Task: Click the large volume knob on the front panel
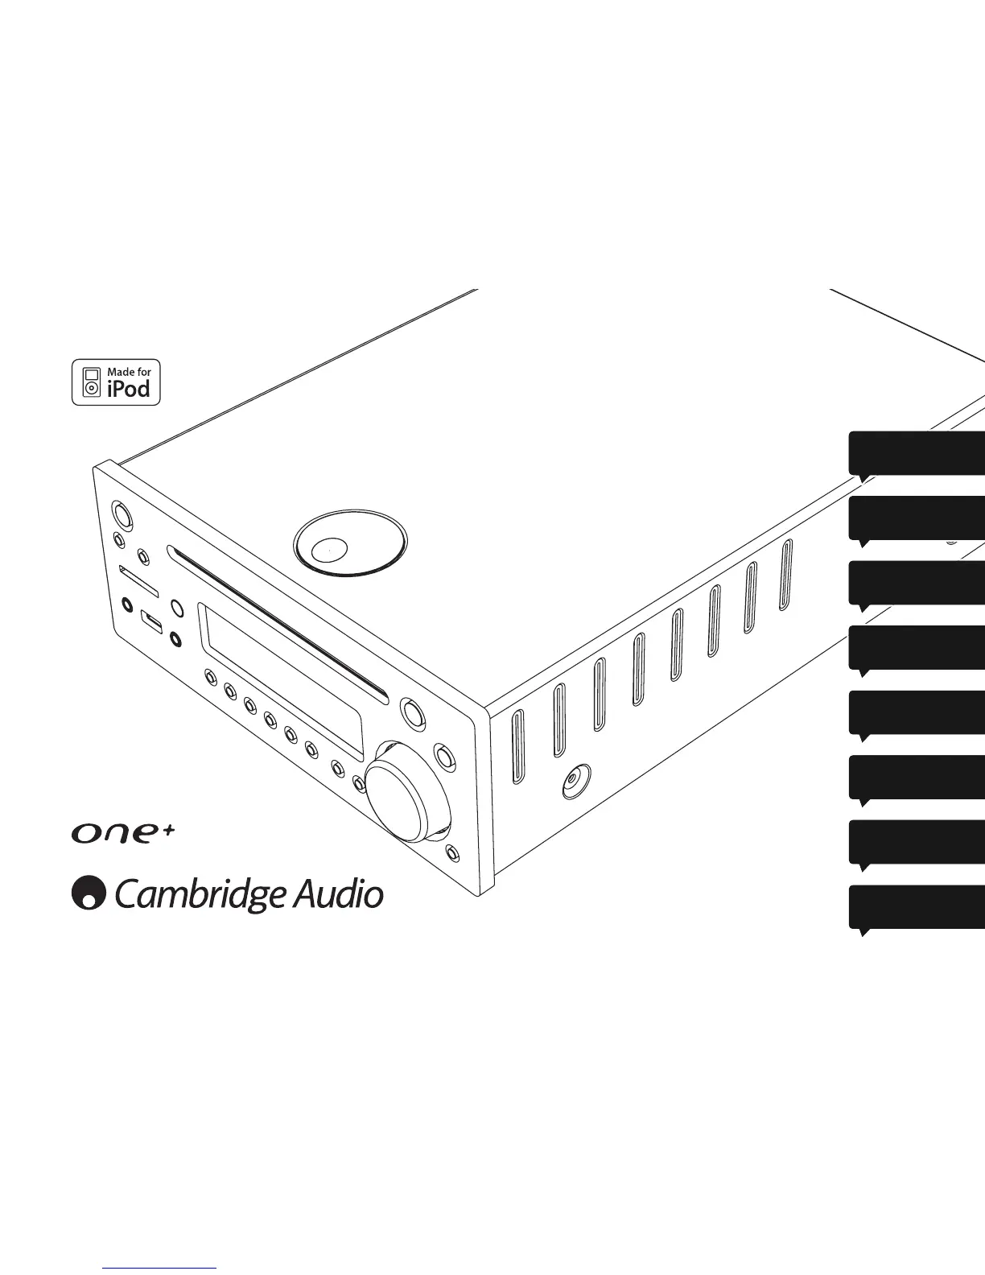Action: coord(400,793)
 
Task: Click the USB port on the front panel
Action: coord(151,621)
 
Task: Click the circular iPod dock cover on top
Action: coord(349,547)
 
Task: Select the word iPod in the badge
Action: coord(129,389)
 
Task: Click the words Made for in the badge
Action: coord(129,372)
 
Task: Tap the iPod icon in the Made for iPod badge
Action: coord(92,382)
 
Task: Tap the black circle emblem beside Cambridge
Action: coord(89,893)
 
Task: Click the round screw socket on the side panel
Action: coord(575,780)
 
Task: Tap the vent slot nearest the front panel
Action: coord(518,746)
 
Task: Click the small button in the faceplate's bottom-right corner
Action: coord(452,852)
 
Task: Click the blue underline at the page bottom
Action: coord(160,1268)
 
